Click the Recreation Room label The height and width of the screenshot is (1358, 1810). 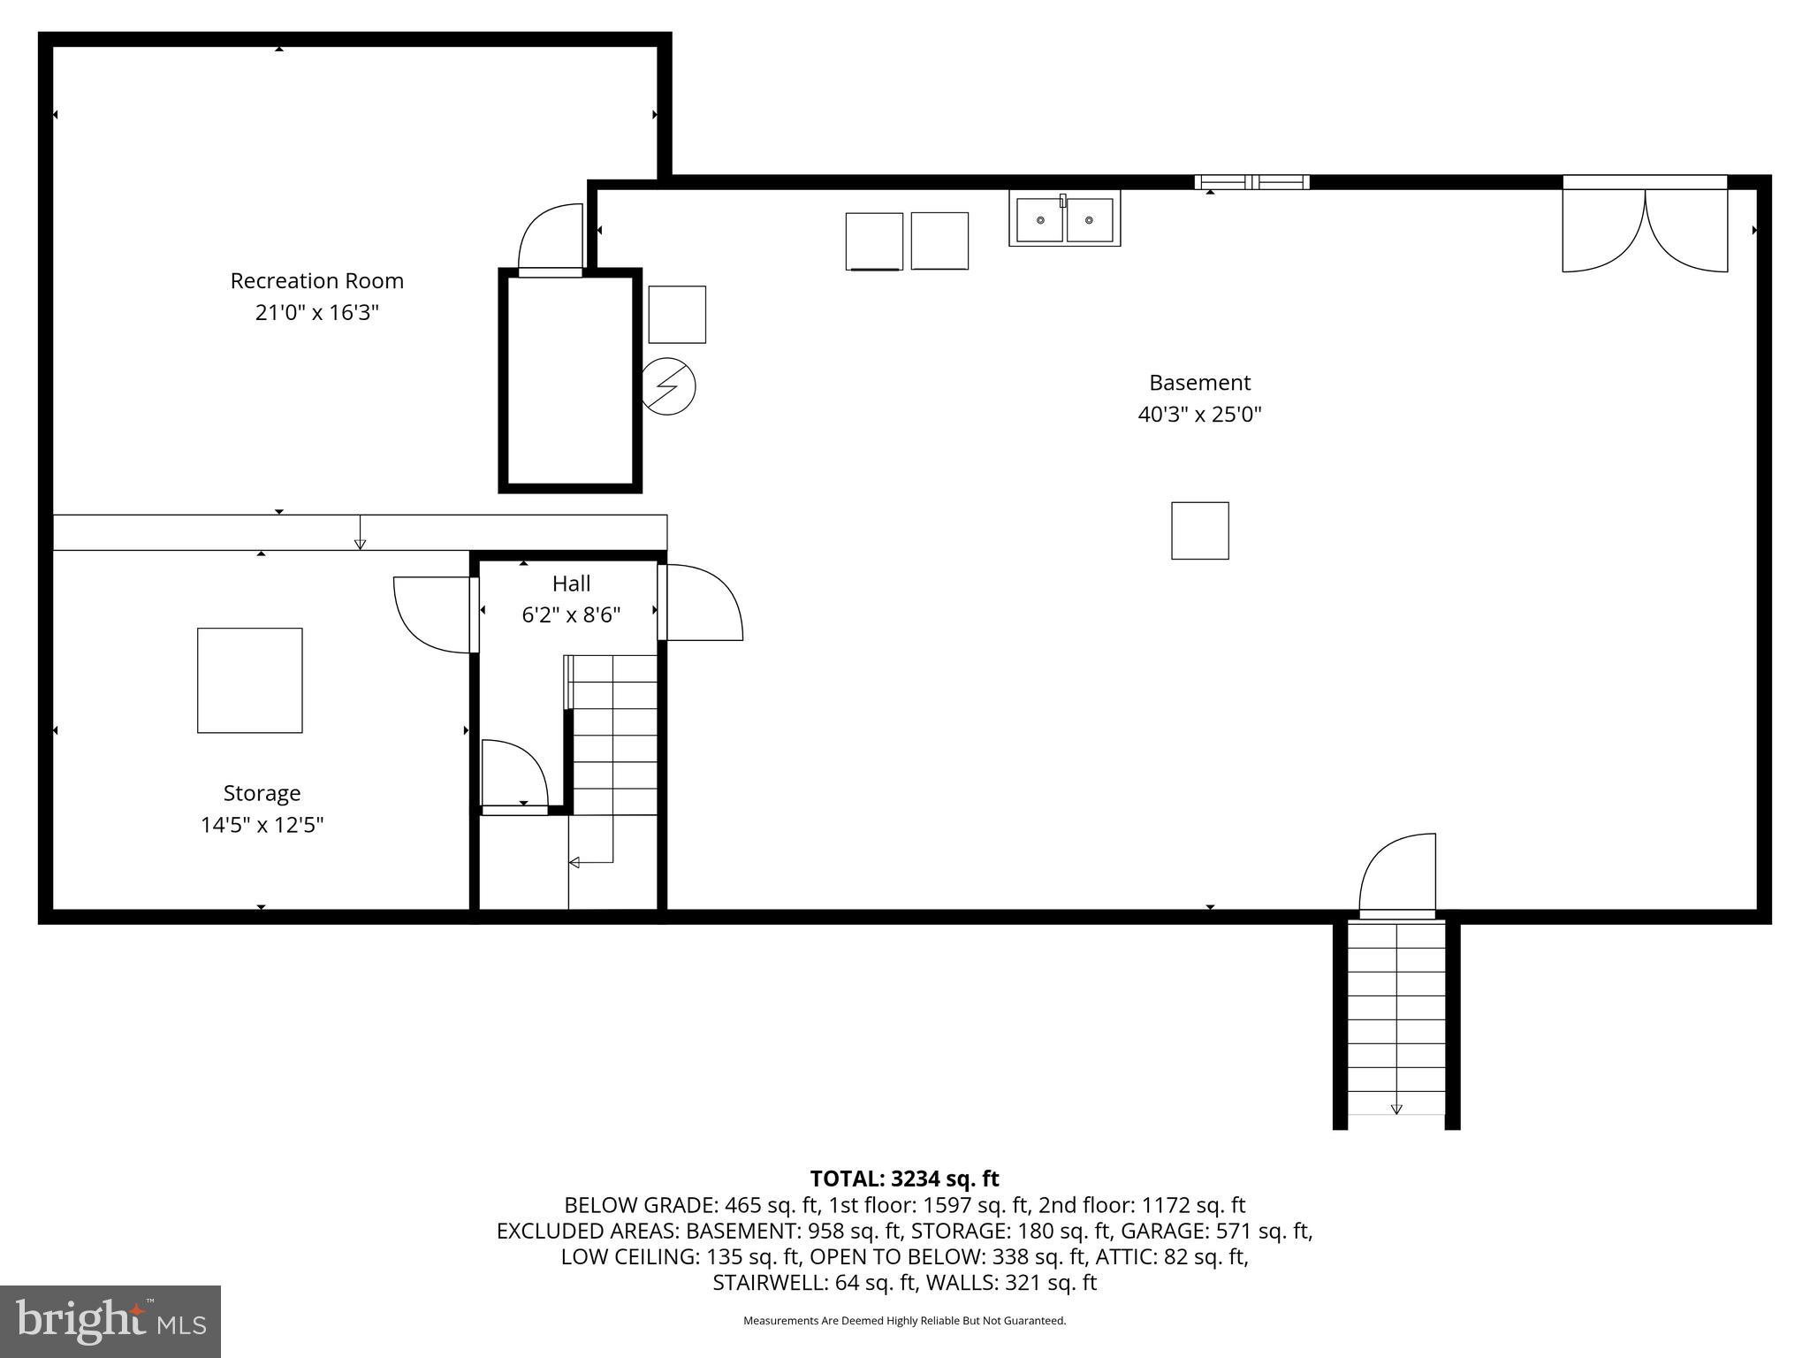click(316, 281)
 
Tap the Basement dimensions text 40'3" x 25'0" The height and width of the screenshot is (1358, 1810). click(1199, 415)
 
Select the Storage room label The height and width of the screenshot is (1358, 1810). click(262, 793)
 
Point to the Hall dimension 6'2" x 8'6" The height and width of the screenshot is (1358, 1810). click(571, 614)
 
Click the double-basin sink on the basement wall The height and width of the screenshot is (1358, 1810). click(1064, 218)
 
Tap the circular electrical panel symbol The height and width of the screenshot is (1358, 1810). click(668, 386)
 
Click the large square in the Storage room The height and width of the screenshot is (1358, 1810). click(250, 680)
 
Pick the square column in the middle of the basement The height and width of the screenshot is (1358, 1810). click(1199, 530)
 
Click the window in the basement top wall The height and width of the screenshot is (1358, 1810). click(1251, 182)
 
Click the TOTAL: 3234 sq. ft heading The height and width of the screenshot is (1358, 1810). click(904, 1179)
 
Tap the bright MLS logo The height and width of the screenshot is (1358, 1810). click(110, 1321)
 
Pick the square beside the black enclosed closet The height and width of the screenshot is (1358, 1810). click(677, 314)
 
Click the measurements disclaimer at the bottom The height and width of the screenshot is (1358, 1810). click(904, 1321)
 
